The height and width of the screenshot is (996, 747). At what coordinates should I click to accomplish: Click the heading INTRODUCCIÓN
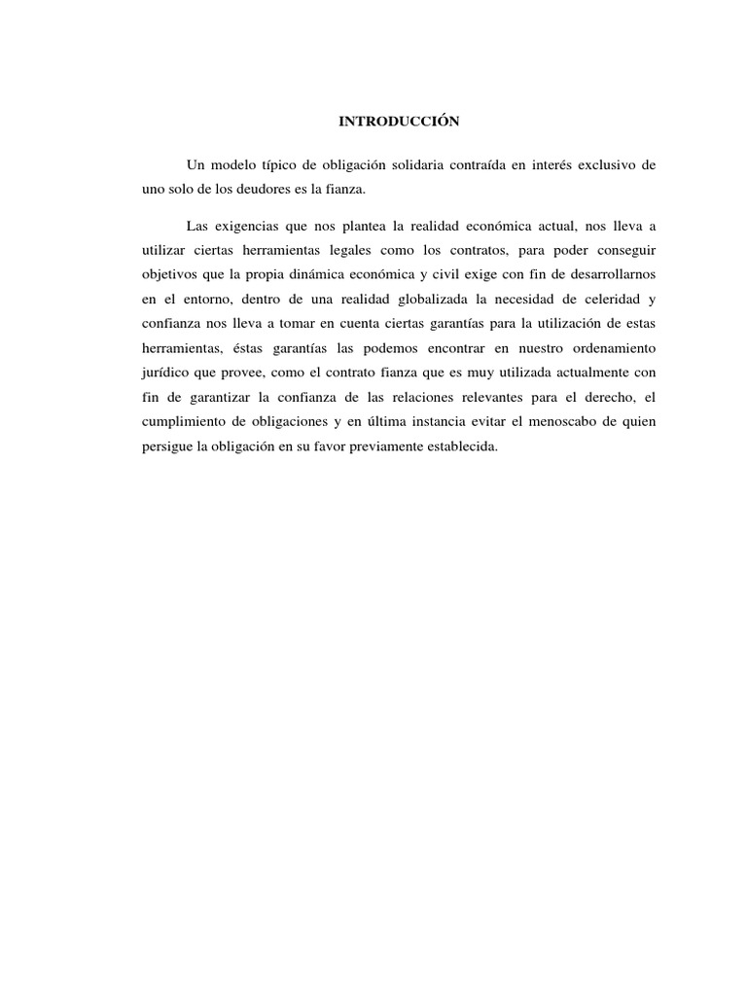coord(398,122)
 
